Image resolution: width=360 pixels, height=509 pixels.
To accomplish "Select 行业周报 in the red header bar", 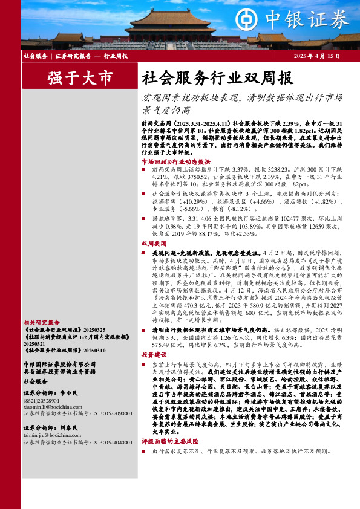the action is (116, 56).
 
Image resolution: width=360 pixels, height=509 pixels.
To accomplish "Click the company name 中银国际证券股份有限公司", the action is (59, 365).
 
